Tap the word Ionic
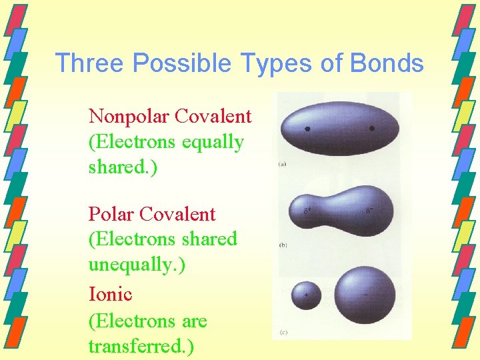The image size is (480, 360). coord(110,294)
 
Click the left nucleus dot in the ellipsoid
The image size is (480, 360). coord(307,128)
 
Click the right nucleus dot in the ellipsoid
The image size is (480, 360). coord(371,128)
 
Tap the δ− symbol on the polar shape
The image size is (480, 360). coord(369,212)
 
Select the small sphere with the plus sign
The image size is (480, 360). coord(306,295)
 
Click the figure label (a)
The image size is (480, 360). coord(283,163)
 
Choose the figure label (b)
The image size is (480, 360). coord(283,245)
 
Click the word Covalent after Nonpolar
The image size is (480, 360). coord(213,117)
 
